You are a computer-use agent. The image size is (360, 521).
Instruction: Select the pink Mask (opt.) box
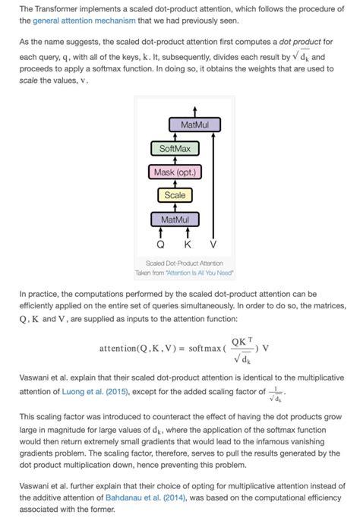pos(175,172)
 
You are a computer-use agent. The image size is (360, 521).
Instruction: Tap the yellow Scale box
pos(175,195)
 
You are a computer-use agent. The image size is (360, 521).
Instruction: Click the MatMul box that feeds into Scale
pos(175,219)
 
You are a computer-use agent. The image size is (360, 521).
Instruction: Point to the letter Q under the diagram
pos(160,245)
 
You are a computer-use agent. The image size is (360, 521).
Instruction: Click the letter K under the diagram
pos(187,245)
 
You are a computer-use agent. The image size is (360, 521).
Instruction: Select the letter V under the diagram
pos(213,245)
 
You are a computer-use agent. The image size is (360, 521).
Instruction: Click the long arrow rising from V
pos(213,182)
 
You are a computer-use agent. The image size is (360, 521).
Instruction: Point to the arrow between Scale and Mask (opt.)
pos(175,184)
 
